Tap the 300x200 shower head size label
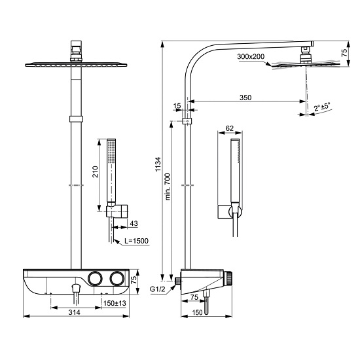point(251,57)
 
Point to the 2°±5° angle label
point(321,105)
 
